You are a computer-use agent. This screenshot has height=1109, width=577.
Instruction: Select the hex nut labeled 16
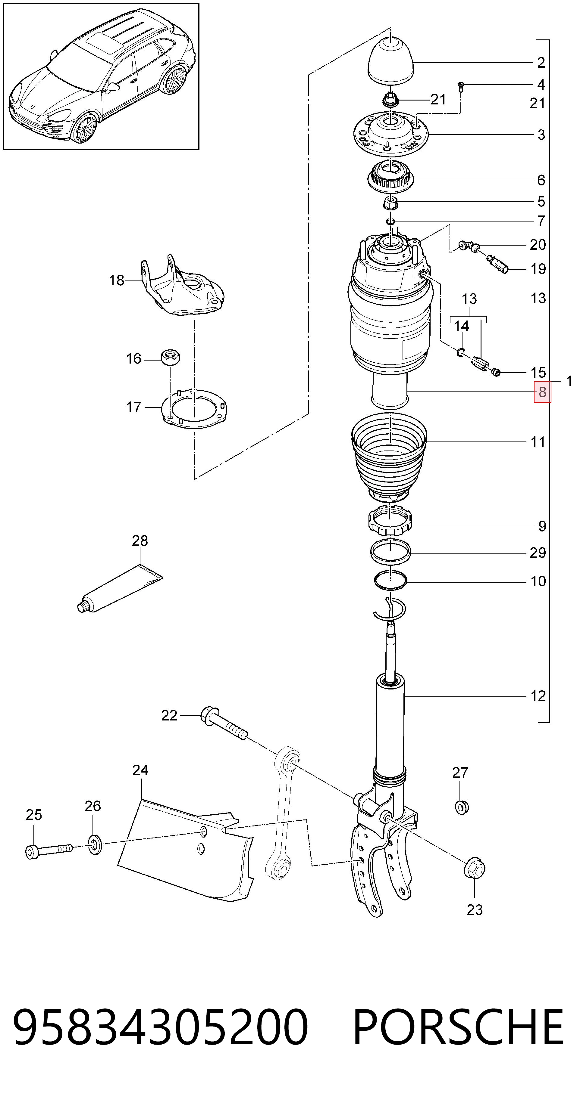(x=170, y=357)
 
